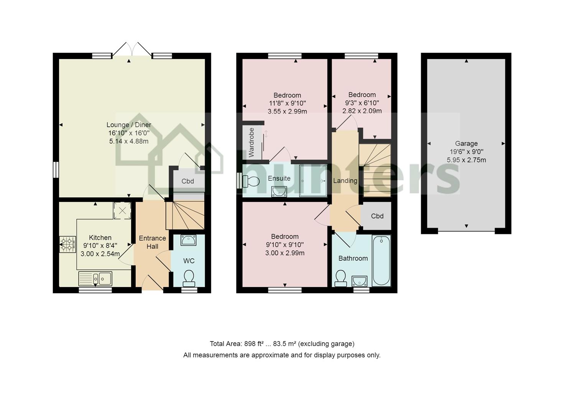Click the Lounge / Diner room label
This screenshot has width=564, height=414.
pyautogui.click(x=129, y=125)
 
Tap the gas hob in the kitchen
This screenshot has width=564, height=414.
pyautogui.click(x=67, y=244)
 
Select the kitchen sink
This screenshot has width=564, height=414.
pyautogui.click(x=95, y=279)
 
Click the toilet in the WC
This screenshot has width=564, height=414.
pyautogui.click(x=189, y=279)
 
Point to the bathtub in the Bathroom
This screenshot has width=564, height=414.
pyautogui.click(x=381, y=261)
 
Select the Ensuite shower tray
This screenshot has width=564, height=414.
pyautogui.click(x=313, y=181)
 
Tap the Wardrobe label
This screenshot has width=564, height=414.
pyautogui.click(x=251, y=143)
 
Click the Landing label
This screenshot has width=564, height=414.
pyautogui.click(x=345, y=181)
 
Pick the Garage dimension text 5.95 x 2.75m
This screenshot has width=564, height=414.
pyautogui.click(x=466, y=160)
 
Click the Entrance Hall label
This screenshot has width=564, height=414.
pyautogui.click(x=152, y=242)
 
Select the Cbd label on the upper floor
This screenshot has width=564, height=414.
pyautogui.click(x=377, y=216)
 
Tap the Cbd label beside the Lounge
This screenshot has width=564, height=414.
pyautogui.click(x=187, y=181)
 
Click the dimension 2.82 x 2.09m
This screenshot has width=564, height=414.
pyautogui.click(x=362, y=111)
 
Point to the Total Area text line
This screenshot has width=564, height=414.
pyautogui.click(x=282, y=344)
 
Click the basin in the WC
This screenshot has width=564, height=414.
pyautogui.click(x=189, y=240)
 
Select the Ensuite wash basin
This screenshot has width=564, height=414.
pyautogui.click(x=279, y=192)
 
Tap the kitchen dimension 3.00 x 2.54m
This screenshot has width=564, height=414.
pyautogui.click(x=100, y=254)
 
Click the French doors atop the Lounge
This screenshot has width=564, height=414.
pyautogui.click(x=132, y=49)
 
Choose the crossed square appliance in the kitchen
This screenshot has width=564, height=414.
pyautogui.click(x=122, y=211)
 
